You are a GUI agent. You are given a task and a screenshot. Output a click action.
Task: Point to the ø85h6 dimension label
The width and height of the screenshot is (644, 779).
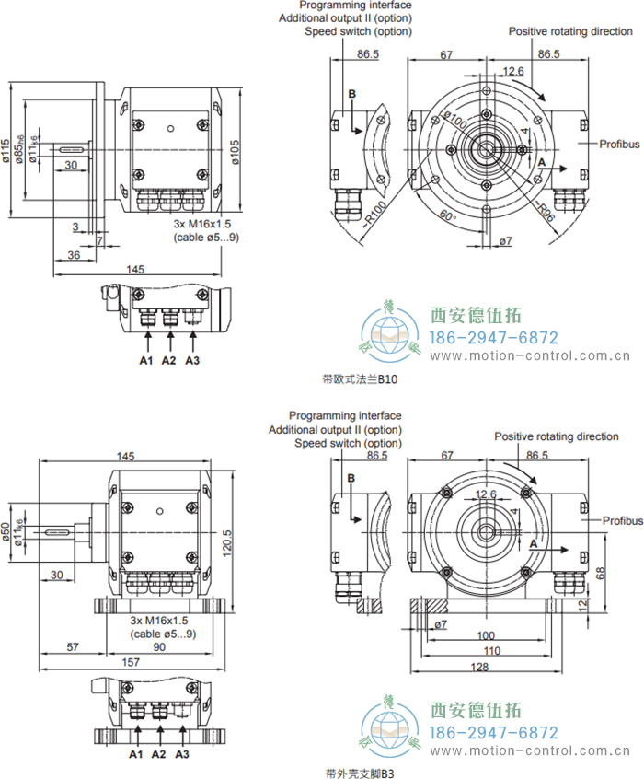pos(20,150)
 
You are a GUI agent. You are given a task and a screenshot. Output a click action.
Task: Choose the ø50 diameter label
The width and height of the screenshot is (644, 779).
pos(7,533)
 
